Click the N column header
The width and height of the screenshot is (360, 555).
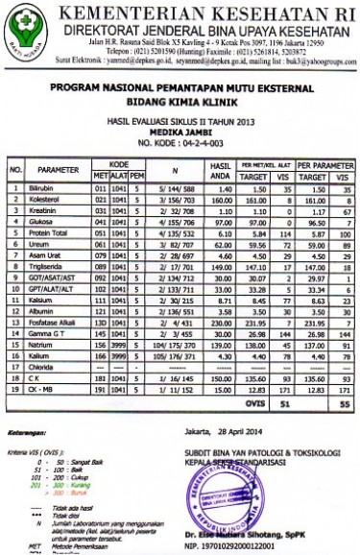[174, 175]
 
